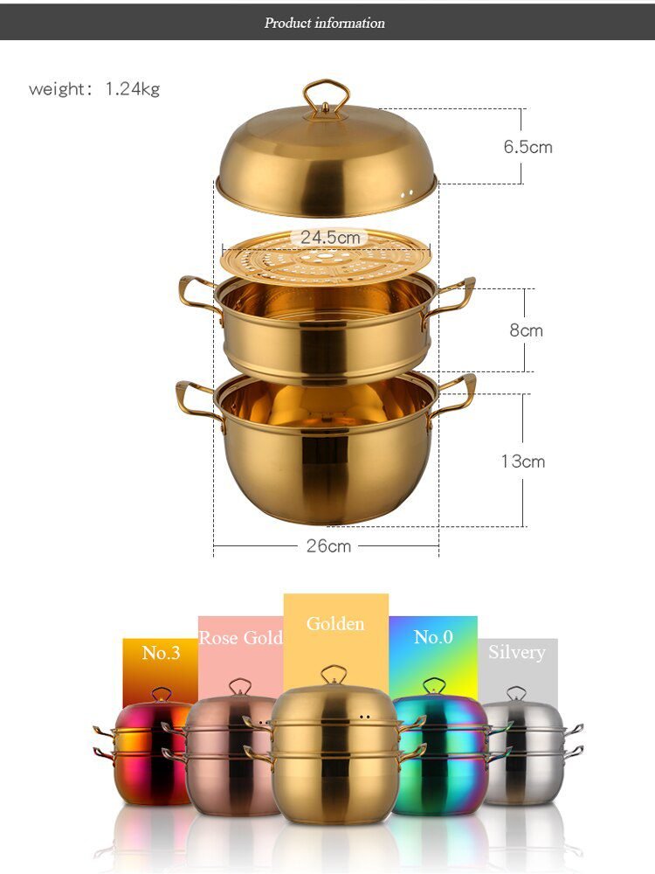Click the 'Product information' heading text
click(x=325, y=23)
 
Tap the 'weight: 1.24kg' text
click(x=94, y=89)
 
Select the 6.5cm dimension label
click(x=527, y=147)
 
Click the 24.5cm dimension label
click(x=330, y=238)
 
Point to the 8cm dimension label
click(x=527, y=330)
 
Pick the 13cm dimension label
click(x=522, y=461)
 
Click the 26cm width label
click(x=328, y=545)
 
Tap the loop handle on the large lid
click(x=327, y=96)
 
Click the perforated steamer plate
click(x=327, y=259)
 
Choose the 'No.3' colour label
click(x=161, y=654)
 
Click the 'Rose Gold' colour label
click(x=240, y=638)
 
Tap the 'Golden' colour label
click(x=335, y=624)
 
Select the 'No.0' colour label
click(x=433, y=637)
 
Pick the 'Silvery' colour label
click(x=517, y=653)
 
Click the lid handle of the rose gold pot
click(x=239, y=687)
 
